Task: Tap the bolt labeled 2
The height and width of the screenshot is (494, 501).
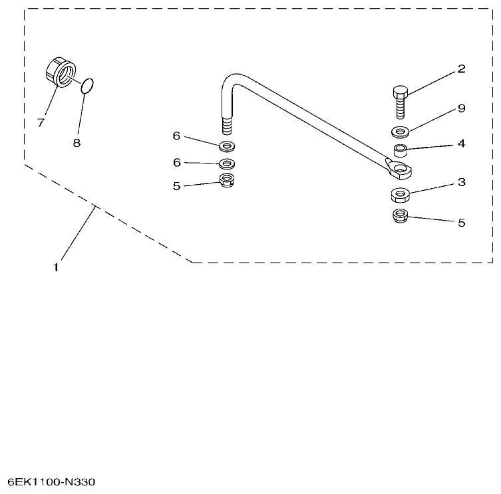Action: pyautogui.click(x=399, y=103)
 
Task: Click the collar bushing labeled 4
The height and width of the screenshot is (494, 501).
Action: pyautogui.click(x=401, y=151)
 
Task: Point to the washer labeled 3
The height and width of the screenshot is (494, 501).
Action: pyautogui.click(x=400, y=195)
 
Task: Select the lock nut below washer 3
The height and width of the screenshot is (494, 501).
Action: pyautogui.click(x=400, y=216)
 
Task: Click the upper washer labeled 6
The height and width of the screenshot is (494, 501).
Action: pyautogui.click(x=228, y=145)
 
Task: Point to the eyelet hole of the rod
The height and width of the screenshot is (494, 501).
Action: pyautogui.click(x=401, y=170)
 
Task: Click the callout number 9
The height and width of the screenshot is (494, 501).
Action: pyautogui.click(x=461, y=108)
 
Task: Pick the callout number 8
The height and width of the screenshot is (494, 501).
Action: pyautogui.click(x=77, y=142)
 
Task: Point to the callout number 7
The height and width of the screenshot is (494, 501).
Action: pyautogui.click(x=41, y=123)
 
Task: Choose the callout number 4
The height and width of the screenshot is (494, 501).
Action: pyautogui.click(x=461, y=143)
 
